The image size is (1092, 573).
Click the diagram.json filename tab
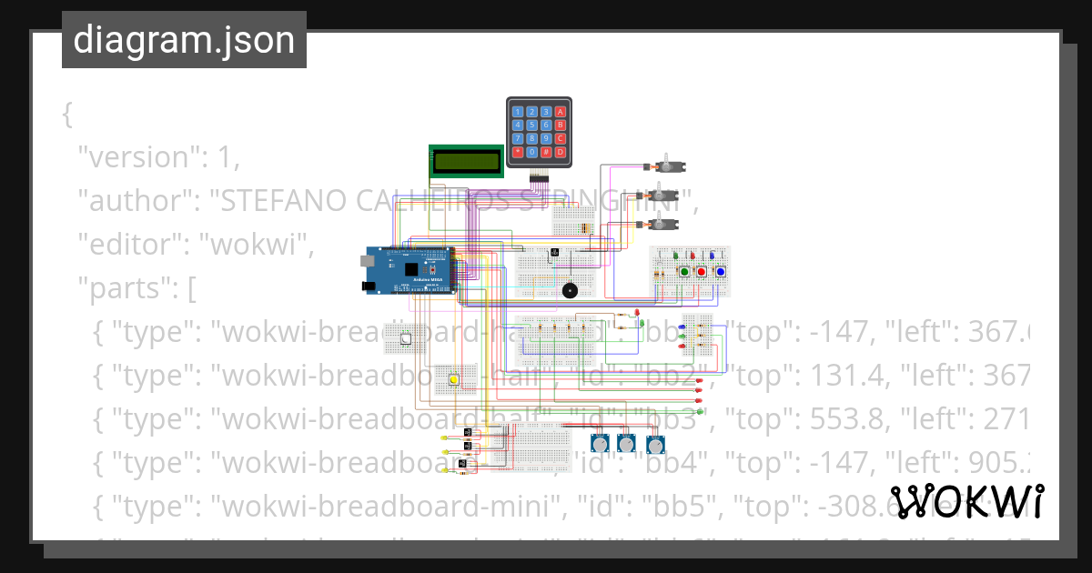pos(184,40)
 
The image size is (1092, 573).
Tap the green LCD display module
pos(466,162)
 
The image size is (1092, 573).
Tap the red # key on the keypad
pos(546,152)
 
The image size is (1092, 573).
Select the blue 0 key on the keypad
pos(531,152)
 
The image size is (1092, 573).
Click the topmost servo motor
pos(669,166)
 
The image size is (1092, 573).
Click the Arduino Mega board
pos(409,270)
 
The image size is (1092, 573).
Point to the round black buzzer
pos(570,291)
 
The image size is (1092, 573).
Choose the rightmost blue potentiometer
pos(655,445)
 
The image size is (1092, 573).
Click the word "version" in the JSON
pos(137,157)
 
